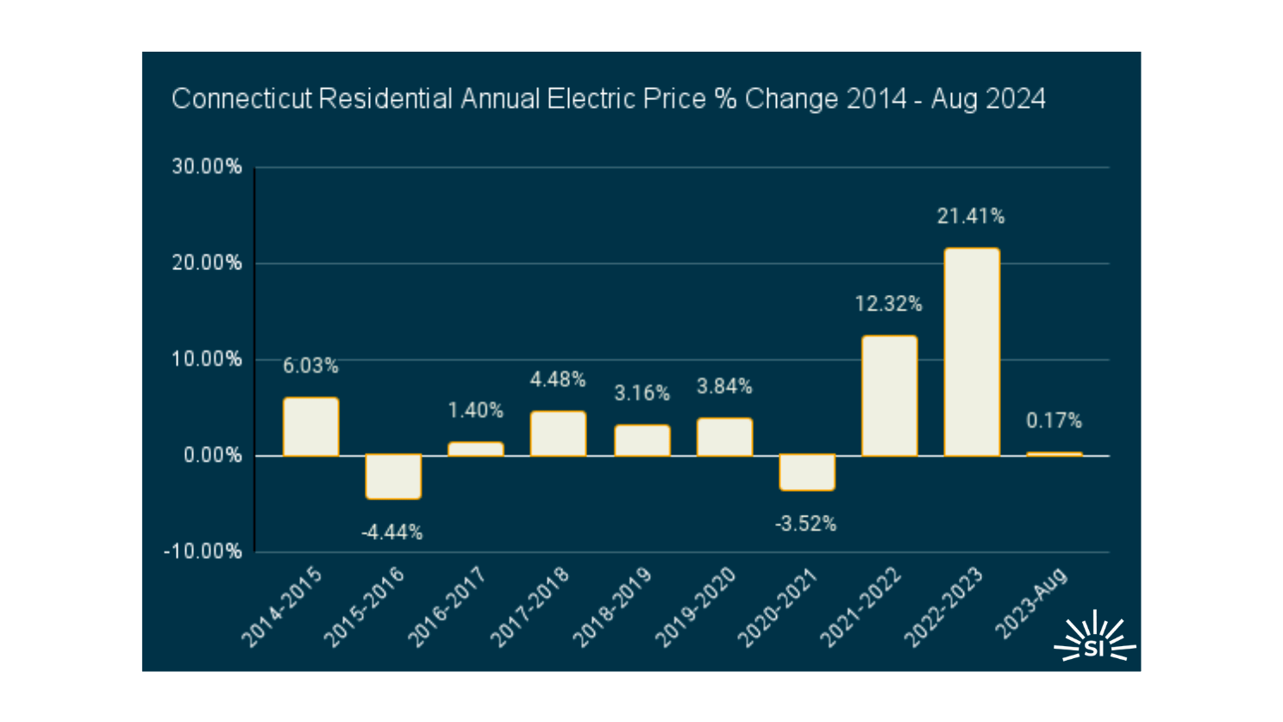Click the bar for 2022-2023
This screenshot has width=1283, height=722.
[x=972, y=352]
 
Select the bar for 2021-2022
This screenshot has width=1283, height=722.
[x=889, y=396]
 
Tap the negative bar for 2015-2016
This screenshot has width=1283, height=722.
[x=393, y=477]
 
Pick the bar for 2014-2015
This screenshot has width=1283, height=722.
[x=310, y=427]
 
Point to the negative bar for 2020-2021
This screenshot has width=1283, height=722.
[x=807, y=473]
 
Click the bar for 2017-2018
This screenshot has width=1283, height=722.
[x=558, y=434]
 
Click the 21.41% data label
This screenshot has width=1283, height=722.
[x=971, y=217]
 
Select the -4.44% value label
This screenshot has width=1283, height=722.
[x=392, y=532]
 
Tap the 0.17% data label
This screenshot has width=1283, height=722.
[x=1054, y=421]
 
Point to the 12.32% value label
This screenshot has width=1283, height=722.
[x=888, y=304]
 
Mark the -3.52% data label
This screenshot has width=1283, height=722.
[x=805, y=524]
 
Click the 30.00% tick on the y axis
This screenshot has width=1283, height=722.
[x=207, y=166]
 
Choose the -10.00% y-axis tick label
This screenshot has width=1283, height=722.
[x=203, y=551]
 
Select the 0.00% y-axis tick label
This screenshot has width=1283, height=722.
[x=212, y=455]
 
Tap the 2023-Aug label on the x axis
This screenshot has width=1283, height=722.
[x=1031, y=604]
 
